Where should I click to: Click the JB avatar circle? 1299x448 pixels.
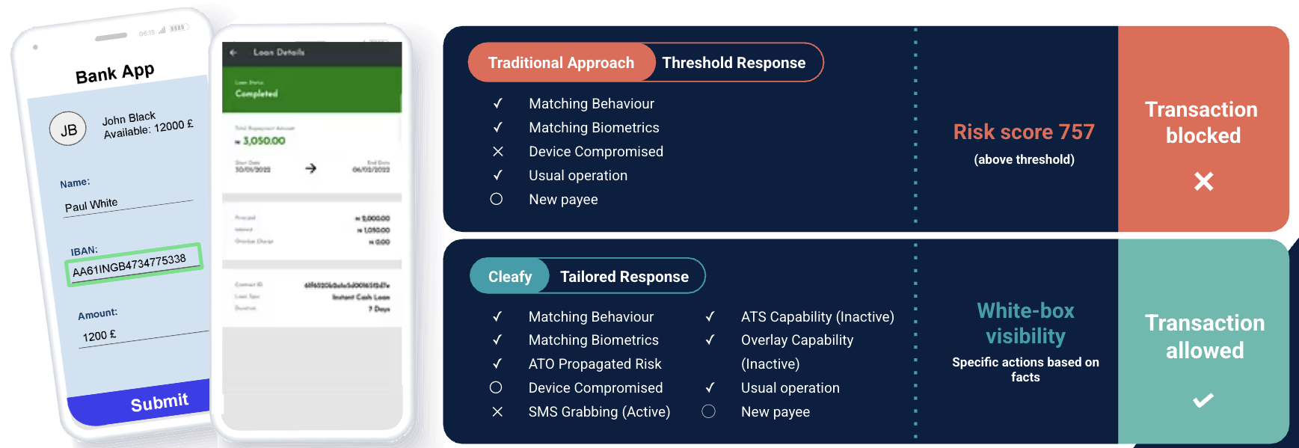(68, 129)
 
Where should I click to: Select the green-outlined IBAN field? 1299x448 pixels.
(133, 264)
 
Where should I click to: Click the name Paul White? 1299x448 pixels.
(91, 205)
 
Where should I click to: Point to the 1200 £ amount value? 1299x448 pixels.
(99, 335)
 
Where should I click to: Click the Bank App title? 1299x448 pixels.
(114, 73)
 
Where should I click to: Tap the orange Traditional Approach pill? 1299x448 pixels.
(561, 63)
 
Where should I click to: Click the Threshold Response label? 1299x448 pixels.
(734, 63)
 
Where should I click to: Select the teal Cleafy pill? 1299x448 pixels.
(510, 277)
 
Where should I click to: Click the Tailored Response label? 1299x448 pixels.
(624, 277)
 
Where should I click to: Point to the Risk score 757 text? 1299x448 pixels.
(1024, 132)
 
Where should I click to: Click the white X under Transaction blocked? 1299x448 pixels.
(1203, 181)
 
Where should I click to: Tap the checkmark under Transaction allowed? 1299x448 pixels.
(1203, 401)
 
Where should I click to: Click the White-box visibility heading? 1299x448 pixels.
(1025, 323)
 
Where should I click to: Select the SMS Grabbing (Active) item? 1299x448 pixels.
(599, 412)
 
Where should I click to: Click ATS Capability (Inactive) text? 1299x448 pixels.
(817, 317)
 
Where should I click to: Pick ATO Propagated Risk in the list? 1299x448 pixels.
(595, 364)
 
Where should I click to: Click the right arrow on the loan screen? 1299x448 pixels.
(311, 168)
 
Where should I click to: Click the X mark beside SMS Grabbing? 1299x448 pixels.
(497, 412)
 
